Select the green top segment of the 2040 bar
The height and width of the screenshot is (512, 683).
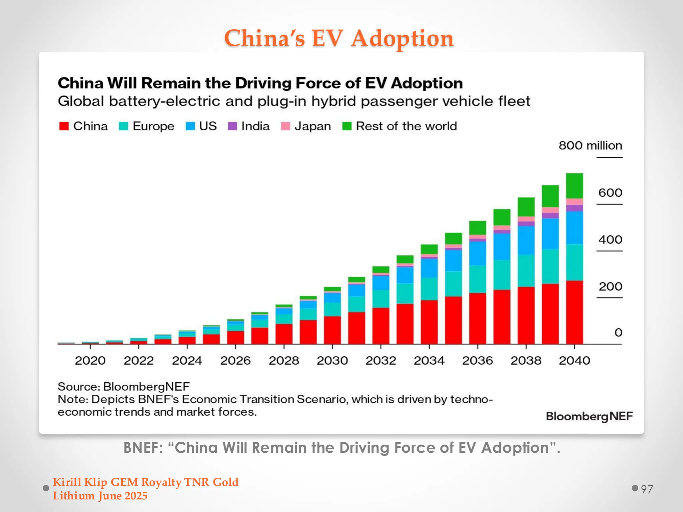pos(574,186)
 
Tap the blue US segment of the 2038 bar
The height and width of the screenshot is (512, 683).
pos(526,240)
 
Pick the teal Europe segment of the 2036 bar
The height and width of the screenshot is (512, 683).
pos(478,279)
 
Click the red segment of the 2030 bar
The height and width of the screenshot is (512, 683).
pos(332,330)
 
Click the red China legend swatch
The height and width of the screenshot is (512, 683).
pos(64,126)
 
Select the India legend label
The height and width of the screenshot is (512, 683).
pos(255,126)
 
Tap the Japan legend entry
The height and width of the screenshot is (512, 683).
pos(312,126)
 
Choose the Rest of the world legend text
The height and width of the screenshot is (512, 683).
pos(406,126)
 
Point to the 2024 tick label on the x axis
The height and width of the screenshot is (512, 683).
pos(187,360)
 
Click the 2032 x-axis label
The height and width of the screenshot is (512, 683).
pos(381,360)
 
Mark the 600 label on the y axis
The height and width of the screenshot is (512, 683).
pos(610,193)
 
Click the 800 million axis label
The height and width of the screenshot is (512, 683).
pos(590,146)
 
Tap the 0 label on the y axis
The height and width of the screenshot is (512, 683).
pos(618,332)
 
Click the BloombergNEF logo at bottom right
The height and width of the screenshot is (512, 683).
pos(589,416)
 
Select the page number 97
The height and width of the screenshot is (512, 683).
pos(647,489)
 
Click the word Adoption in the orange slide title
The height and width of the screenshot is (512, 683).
pos(402,39)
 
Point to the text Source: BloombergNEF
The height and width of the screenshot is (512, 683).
pos(123,387)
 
